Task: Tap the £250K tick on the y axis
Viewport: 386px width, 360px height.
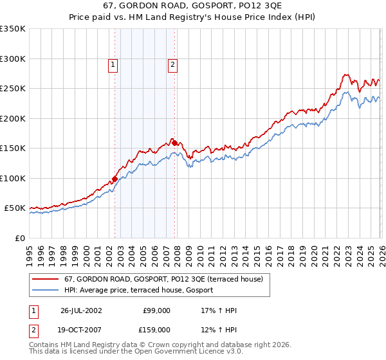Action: click(13, 89)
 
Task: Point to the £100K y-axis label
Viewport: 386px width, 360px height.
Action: click(13, 178)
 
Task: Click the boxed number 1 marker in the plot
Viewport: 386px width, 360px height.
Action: click(113, 64)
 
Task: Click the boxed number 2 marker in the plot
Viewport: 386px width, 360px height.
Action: click(173, 64)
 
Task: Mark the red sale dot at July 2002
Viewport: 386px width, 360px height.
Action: click(115, 179)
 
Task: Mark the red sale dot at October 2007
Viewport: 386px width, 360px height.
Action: click(174, 143)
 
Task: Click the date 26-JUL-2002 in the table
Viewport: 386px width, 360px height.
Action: click(81, 310)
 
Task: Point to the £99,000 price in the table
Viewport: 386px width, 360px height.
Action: click(156, 310)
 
